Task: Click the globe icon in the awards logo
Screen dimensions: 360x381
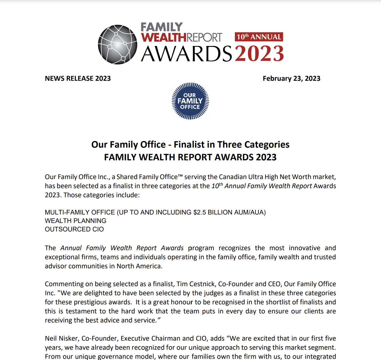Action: [x=117, y=44]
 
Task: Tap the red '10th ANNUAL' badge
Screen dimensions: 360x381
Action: [x=259, y=37]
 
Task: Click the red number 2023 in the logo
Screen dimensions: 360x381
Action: [x=259, y=54]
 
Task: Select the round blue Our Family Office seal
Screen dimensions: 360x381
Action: [x=190, y=101]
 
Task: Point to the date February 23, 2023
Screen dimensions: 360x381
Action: [x=291, y=79]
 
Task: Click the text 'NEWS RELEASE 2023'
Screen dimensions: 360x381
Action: [x=78, y=79]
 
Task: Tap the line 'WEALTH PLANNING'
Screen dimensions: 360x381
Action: [x=76, y=221]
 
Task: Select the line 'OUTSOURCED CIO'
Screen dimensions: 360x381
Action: [x=74, y=229]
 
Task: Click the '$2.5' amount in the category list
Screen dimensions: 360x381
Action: [x=200, y=212]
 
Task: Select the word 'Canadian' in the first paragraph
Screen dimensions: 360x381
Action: [x=232, y=177]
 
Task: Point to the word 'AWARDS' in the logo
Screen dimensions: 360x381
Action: [x=187, y=54]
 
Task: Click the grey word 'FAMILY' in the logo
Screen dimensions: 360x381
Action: [x=162, y=27]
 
